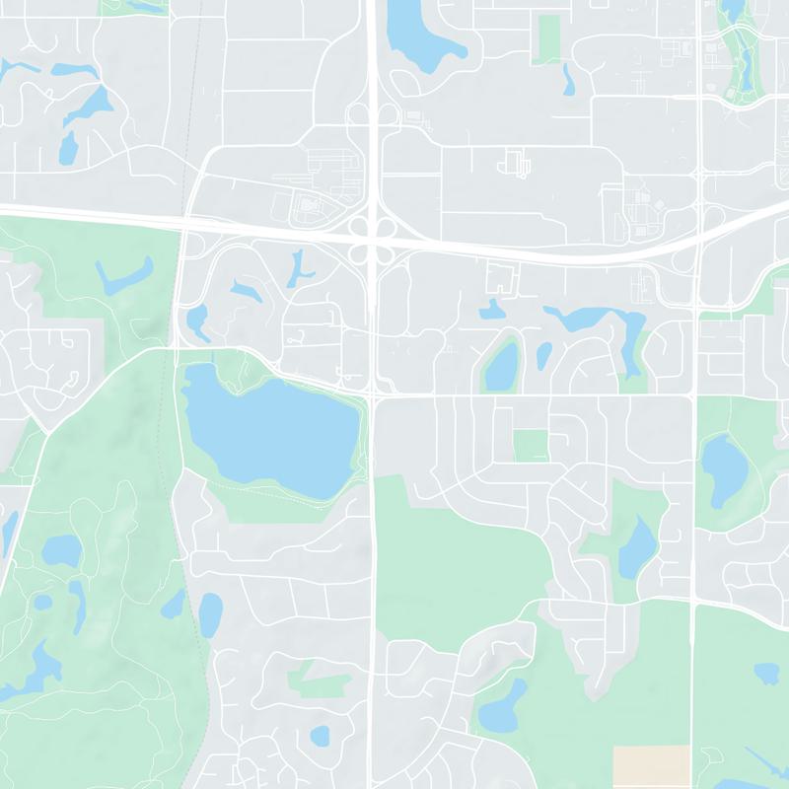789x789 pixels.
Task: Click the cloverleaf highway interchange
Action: pos(373,238)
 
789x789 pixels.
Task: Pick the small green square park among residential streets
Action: pos(531,446)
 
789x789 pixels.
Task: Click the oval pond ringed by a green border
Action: pos(502,366)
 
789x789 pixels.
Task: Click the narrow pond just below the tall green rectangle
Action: pos(568,79)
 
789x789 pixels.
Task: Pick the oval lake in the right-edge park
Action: pos(725,468)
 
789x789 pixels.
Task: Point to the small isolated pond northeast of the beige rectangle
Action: pos(766,674)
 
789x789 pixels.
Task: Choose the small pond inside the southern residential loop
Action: pos(320,736)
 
